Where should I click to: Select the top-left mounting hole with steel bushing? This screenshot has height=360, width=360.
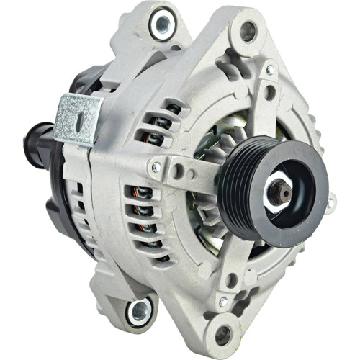click(x=162, y=23)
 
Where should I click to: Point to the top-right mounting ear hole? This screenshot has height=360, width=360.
click(x=248, y=30)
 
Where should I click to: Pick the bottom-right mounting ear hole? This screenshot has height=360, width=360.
click(x=224, y=333)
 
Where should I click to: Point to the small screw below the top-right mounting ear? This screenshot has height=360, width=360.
click(x=271, y=70)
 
